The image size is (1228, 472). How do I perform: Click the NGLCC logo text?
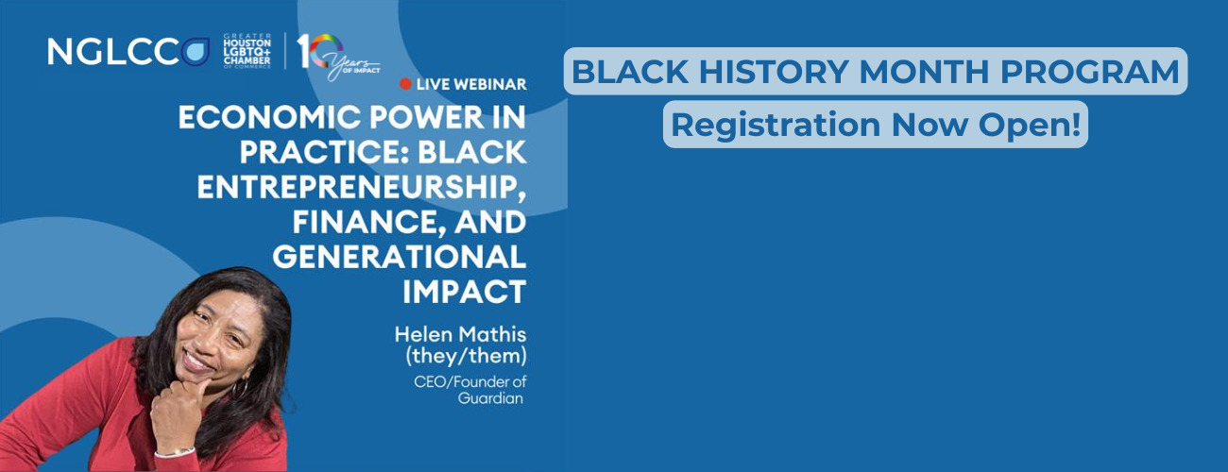click(x=113, y=52)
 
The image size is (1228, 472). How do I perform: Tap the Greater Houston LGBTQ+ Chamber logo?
click(x=247, y=51)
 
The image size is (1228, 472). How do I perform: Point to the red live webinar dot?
click(x=405, y=84)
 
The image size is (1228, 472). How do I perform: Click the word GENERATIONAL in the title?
click(x=399, y=256)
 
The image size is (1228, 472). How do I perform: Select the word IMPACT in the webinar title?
click(x=465, y=292)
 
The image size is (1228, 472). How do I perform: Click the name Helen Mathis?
click(x=461, y=334)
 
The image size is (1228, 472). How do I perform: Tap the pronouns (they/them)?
click(x=466, y=356)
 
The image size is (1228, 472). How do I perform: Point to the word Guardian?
click(x=490, y=398)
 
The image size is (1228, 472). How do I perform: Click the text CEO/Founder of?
click(x=469, y=381)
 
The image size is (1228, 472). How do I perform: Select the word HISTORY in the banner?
click(x=773, y=72)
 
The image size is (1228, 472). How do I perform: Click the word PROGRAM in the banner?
click(x=1089, y=72)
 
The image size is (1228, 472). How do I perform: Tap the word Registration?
click(x=776, y=126)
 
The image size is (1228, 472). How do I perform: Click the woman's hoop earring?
click(x=240, y=388)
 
